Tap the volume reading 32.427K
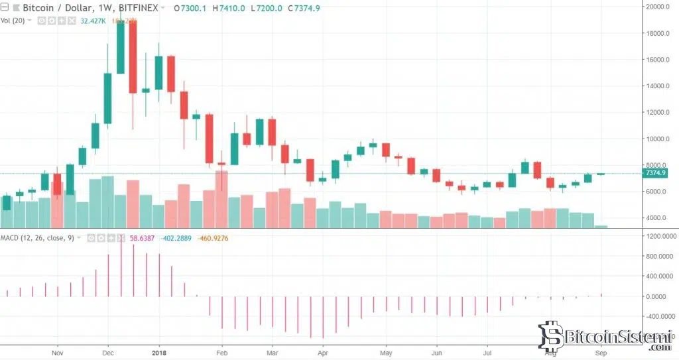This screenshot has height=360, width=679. pyautogui.click(x=92, y=21)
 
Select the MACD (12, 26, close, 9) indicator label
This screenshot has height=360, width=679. pyautogui.click(x=36, y=237)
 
